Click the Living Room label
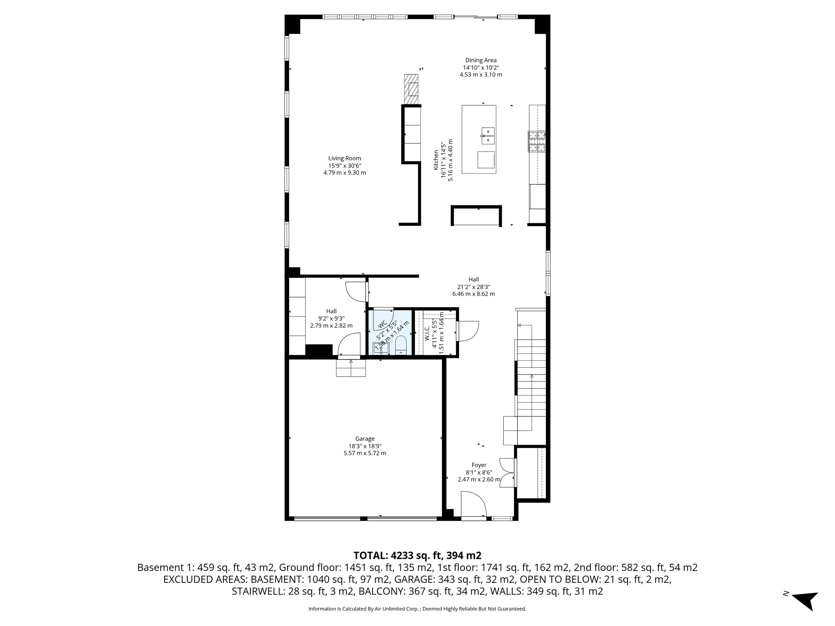click(345, 158)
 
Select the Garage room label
click(364, 439)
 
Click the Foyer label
click(479, 465)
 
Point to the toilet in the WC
click(402, 346)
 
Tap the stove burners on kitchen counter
click(537, 141)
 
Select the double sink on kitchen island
click(488, 136)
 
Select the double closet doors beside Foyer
click(507, 472)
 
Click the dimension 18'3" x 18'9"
click(364, 446)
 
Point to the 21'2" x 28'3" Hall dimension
click(473, 287)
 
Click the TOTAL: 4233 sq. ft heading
click(417, 555)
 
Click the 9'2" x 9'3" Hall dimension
click(331, 318)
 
